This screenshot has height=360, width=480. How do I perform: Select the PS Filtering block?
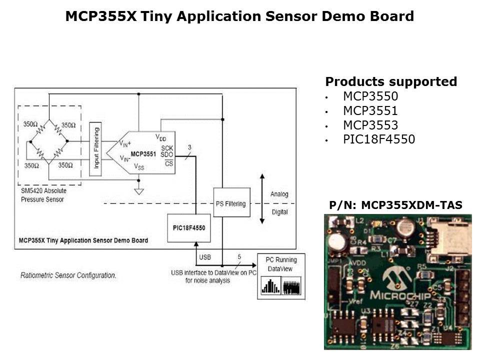coord(230,203)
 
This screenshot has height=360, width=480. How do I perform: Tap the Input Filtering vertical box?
coord(95,148)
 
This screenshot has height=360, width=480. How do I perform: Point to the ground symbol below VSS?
coord(139,191)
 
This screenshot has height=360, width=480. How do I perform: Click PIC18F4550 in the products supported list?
coord(378,139)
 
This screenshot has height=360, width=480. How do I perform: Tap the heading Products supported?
coord(391,81)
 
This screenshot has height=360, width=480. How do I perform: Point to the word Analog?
coord(279,194)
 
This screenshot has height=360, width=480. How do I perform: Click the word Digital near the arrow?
coord(279,212)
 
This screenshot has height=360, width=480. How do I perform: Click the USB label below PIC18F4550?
coord(205,257)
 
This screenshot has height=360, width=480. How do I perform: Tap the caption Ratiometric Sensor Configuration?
coord(68,275)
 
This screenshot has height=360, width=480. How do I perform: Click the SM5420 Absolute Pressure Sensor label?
coord(43,194)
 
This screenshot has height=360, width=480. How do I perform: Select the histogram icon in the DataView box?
coord(270,286)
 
